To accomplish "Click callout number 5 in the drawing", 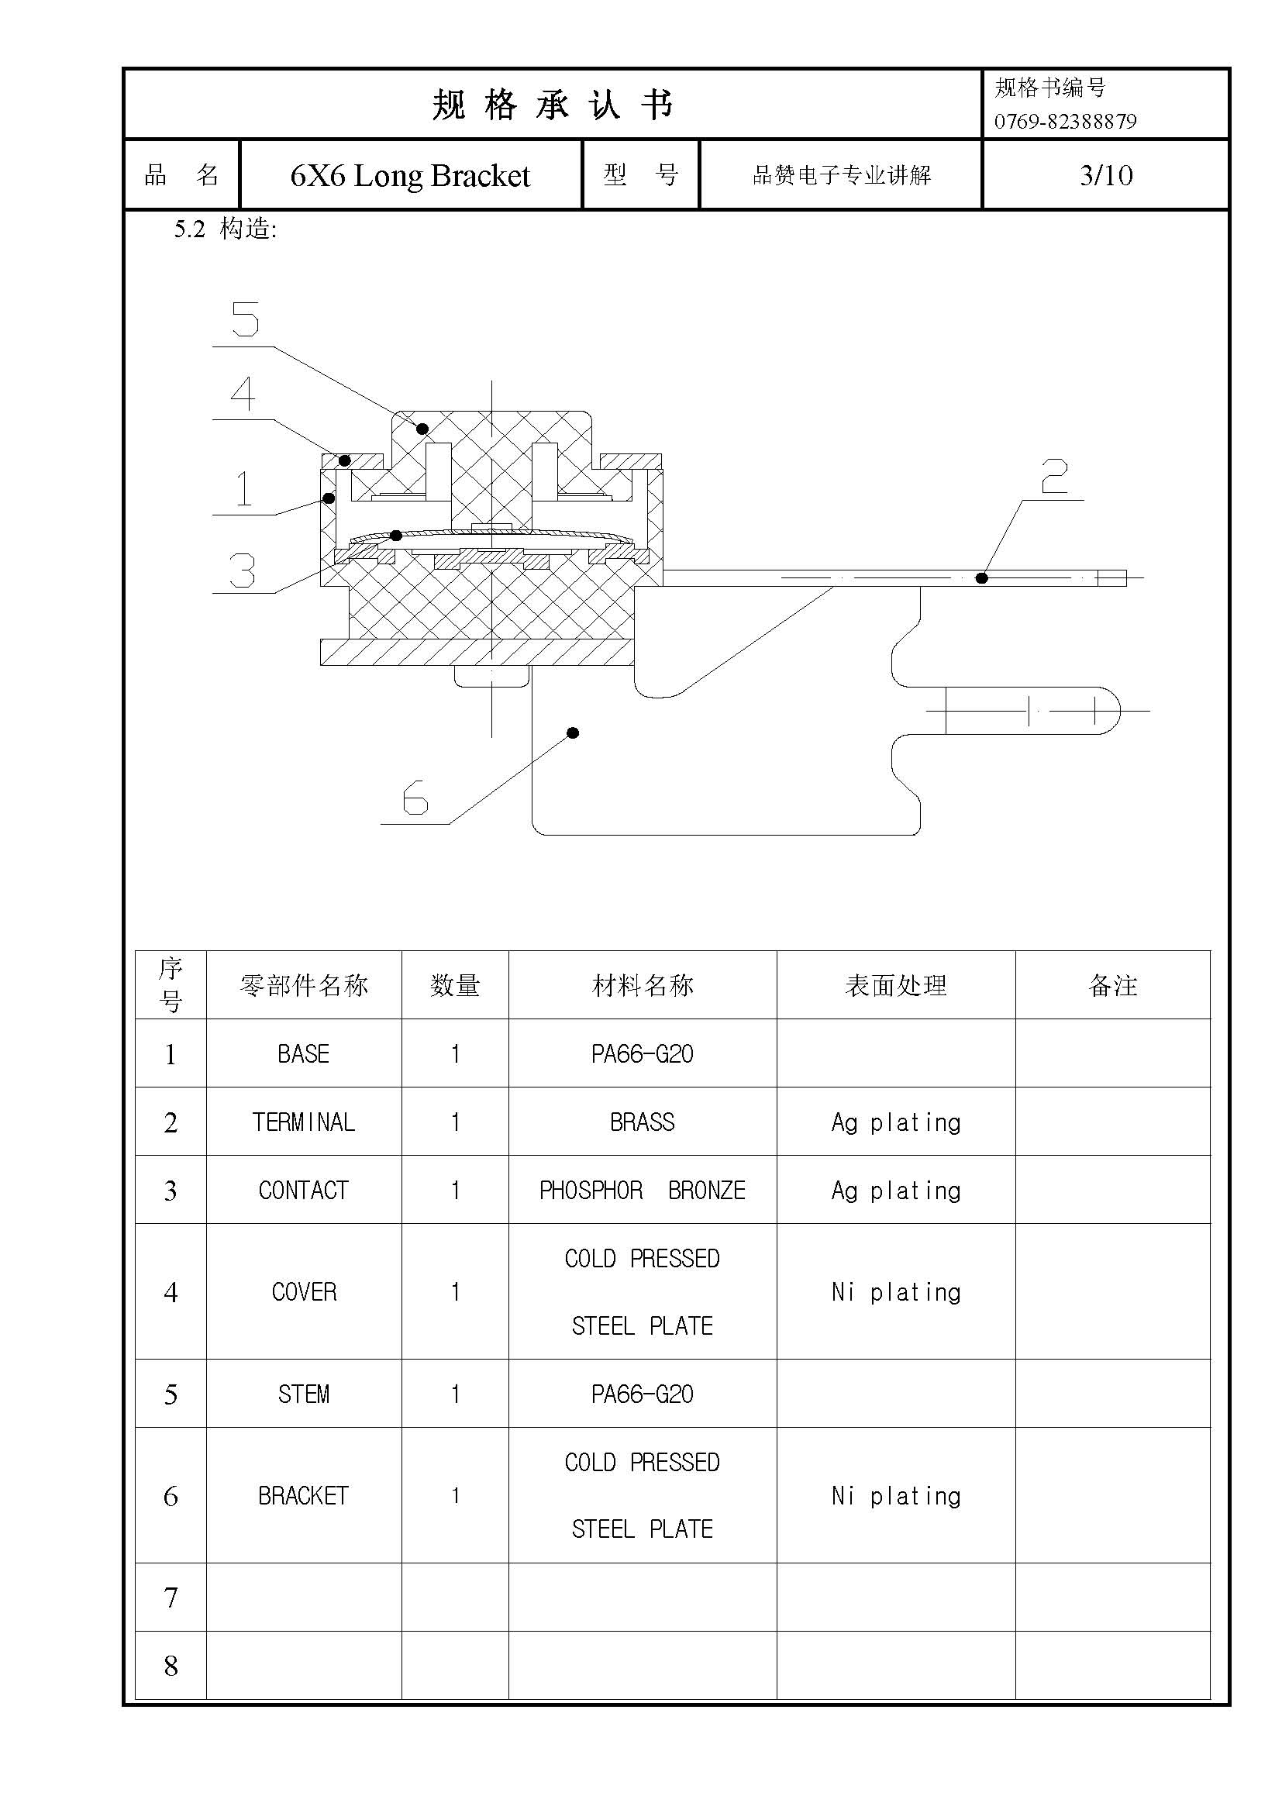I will point(246,320).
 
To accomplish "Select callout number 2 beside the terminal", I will point(1054,476).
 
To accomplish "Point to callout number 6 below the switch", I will point(415,798).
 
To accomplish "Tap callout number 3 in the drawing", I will point(243,570).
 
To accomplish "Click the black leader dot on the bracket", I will point(574,732).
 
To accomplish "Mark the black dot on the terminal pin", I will point(982,578).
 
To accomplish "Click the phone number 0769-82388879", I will point(1065,122).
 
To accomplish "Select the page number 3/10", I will point(1106,175).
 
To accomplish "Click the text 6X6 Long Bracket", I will point(410,175).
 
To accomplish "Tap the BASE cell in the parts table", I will point(304,1053).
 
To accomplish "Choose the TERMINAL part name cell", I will point(304,1122).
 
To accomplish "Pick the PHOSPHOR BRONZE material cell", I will point(642,1190).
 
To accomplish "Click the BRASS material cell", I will point(642,1122).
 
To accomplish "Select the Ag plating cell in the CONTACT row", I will point(896,1190).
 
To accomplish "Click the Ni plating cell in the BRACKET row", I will point(896,1495).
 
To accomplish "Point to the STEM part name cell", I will point(304,1394).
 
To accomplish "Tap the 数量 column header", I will point(455,985).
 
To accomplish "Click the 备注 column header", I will point(1112,985).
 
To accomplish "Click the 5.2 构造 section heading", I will point(226,229).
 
